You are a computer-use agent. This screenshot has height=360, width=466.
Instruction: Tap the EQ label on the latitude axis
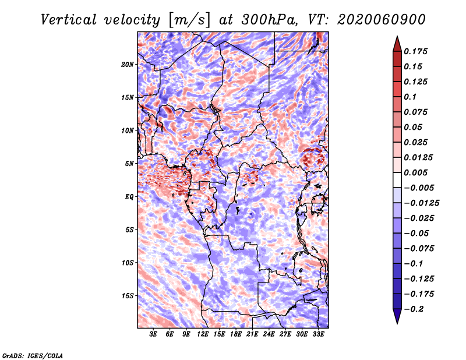click(x=129, y=197)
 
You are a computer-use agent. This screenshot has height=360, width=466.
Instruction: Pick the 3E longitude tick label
click(x=154, y=334)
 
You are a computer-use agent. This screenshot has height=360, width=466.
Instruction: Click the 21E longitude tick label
click(x=253, y=334)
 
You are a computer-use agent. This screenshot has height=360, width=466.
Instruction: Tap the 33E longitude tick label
click(x=319, y=334)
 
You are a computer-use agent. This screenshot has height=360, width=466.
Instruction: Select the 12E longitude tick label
click(x=203, y=334)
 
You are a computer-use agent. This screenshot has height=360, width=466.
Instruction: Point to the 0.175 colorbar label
click(x=416, y=51)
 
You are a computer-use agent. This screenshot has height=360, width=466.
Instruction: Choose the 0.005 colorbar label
click(x=416, y=172)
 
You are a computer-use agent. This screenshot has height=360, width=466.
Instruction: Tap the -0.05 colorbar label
click(x=416, y=233)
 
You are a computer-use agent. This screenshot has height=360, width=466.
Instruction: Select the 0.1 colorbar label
click(x=411, y=97)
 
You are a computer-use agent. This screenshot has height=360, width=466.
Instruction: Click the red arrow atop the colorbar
click(x=397, y=43)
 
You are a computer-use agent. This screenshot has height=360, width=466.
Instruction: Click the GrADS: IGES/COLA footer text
click(x=32, y=355)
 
